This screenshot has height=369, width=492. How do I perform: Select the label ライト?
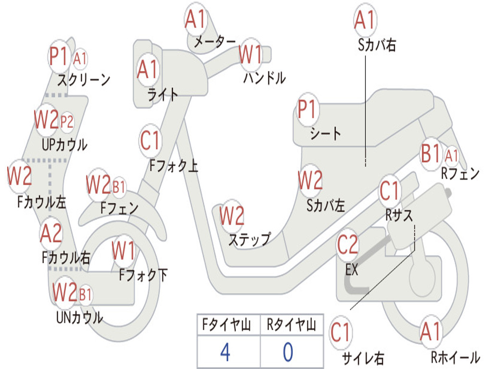coord(163,95)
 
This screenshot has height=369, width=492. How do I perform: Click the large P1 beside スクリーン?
coord(60,57)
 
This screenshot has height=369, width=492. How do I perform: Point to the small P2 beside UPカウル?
coord(67,122)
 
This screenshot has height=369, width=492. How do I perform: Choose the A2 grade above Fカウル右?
coord(51,234)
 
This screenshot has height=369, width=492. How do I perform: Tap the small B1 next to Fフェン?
coord(119,186)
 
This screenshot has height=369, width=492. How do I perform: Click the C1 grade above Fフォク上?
coord(150,141)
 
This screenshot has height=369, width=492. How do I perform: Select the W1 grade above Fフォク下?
coord(123,250)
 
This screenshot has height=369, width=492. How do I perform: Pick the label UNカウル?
coord(80,317)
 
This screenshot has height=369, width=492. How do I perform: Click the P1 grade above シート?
coord(307,110)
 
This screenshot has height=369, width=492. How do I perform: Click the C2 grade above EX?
coord(347,246)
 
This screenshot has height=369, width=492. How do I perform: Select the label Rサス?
coord(399,215)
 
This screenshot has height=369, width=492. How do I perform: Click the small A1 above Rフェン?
coord(452,156)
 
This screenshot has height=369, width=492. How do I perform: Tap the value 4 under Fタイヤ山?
coord(225,352)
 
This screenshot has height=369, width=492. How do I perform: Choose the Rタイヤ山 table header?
coord(291,325)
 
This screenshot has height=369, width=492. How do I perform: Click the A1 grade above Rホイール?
coord(430,332)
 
